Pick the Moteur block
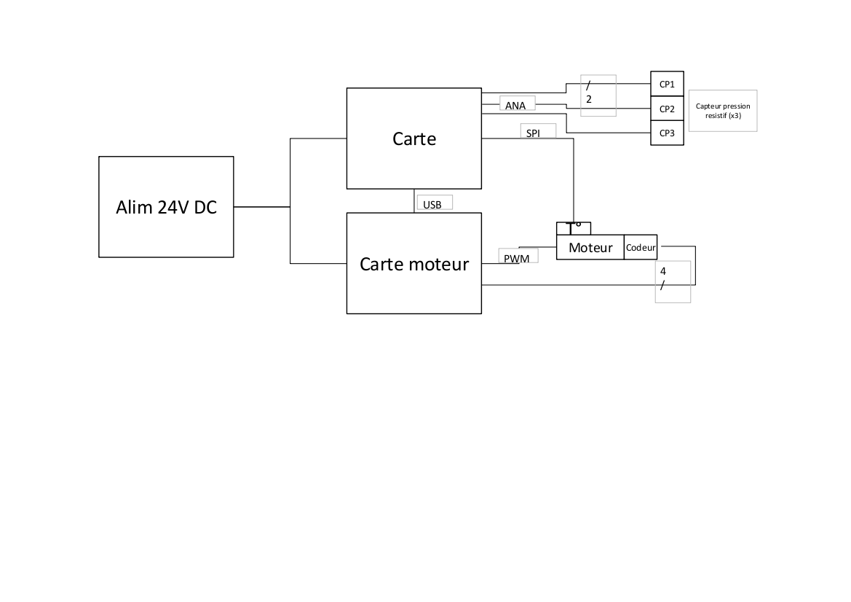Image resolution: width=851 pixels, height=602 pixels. [x=590, y=248]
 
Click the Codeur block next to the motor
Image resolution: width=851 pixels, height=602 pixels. [x=641, y=248]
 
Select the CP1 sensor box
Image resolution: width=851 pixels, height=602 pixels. [x=667, y=84]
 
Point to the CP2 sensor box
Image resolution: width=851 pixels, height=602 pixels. [x=667, y=109]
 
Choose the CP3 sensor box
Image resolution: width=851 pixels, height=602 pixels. [x=667, y=133]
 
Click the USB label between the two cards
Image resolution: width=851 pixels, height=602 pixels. [x=432, y=205]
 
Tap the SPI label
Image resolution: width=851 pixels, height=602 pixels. [x=533, y=133]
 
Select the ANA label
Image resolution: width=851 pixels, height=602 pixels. [x=515, y=106]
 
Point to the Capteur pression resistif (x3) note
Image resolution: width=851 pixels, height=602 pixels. [x=722, y=111]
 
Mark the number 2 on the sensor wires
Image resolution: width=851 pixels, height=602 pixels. [x=589, y=98]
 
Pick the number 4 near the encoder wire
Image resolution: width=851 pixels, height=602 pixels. [x=662, y=271]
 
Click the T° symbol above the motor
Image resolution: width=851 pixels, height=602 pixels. [x=574, y=227]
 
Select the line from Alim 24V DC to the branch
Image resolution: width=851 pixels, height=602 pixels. [x=262, y=207]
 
